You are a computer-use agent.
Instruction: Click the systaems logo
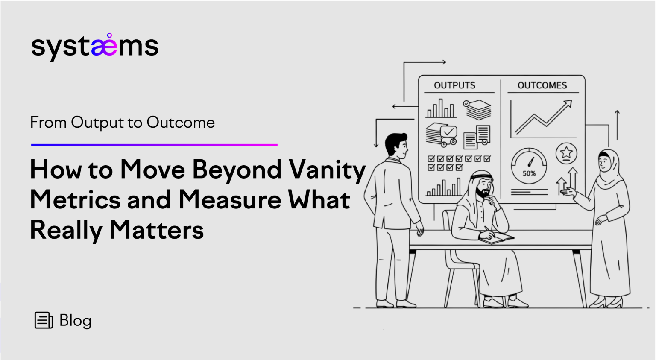(94, 47)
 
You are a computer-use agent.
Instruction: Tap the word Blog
(75, 320)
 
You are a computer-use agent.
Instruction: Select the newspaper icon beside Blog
(44, 320)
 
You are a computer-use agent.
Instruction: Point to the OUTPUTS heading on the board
(454, 85)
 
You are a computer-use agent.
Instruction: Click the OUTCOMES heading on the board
(542, 85)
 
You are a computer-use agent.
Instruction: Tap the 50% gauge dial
(529, 166)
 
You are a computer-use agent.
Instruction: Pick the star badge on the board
(566, 152)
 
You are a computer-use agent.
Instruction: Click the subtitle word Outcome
(181, 123)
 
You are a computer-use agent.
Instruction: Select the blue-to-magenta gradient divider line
(154, 145)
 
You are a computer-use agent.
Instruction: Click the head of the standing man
(396, 146)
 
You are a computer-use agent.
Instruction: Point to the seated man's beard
(482, 193)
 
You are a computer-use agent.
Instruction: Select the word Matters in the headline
(156, 230)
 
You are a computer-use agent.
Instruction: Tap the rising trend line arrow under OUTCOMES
(544, 117)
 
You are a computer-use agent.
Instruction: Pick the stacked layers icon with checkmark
(477, 109)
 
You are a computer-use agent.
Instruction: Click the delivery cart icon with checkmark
(441, 134)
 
